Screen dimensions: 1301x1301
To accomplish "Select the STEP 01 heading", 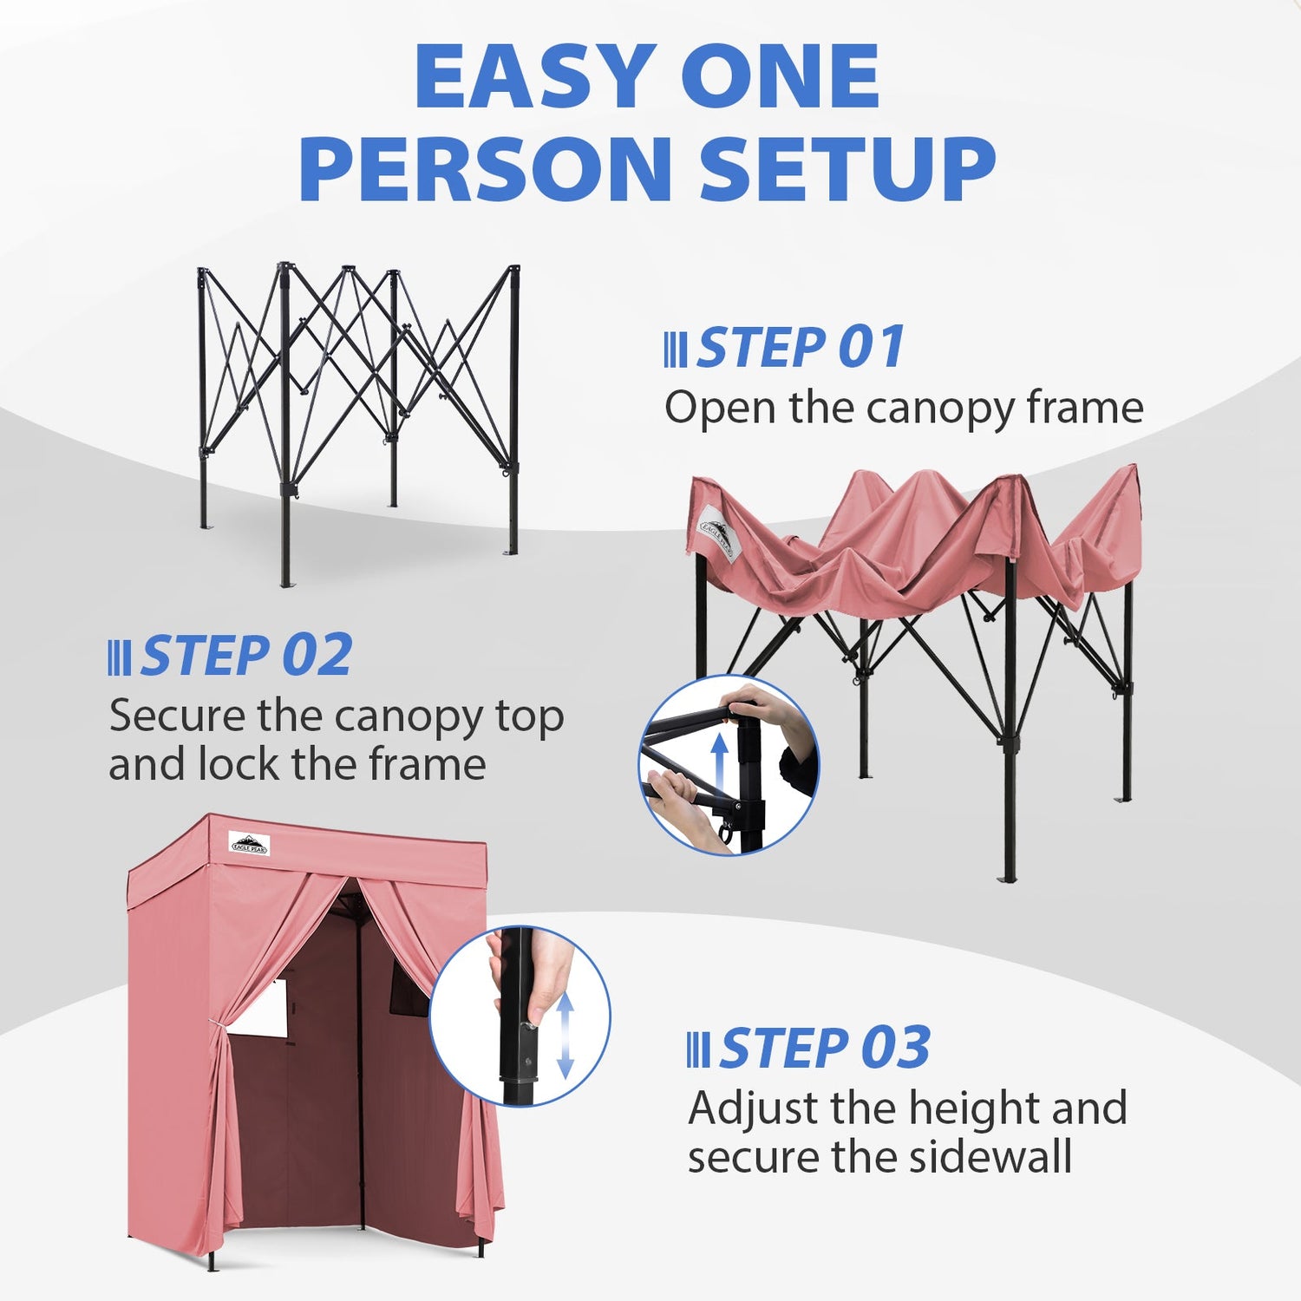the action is click(801, 347).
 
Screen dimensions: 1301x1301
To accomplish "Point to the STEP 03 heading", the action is click(824, 1048).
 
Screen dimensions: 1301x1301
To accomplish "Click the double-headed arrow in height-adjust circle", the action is click(565, 1035).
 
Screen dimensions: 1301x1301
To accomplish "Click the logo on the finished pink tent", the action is click(250, 843).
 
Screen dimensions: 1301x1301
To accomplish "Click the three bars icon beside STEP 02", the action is click(119, 658).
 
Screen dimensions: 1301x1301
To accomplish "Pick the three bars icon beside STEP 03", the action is click(697, 1050).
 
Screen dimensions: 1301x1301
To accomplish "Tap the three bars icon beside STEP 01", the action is click(675, 350).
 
